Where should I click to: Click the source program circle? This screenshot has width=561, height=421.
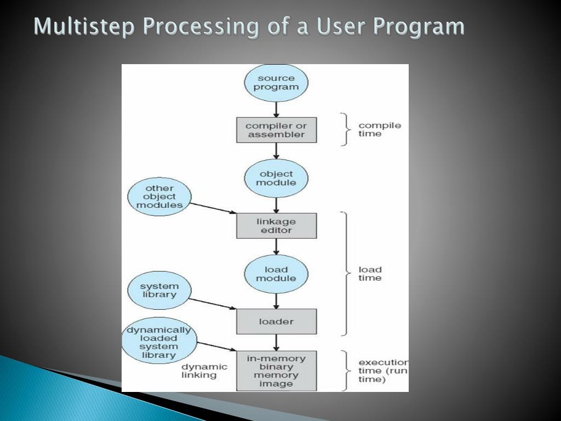pyautogui.click(x=276, y=82)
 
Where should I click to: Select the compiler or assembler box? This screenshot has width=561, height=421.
pyautogui.click(x=276, y=130)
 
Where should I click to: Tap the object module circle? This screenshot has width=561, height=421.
pyautogui.click(x=276, y=178)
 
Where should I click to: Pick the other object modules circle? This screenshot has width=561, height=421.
pyautogui.click(x=159, y=196)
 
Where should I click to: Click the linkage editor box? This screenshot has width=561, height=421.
pyautogui.click(x=276, y=226)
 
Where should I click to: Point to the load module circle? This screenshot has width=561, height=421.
pyautogui.click(x=276, y=274)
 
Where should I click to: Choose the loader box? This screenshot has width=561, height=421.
pyautogui.click(x=276, y=322)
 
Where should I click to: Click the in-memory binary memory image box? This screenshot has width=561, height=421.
pyautogui.click(x=276, y=371)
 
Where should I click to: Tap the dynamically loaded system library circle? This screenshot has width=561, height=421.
pyautogui.click(x=159, y=343)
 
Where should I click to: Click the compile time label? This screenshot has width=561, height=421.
pyautogui.click(x=379, y=129)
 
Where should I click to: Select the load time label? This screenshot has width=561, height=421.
pyautogui.click(x=370, y=274)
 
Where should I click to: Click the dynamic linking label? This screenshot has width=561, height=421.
pyautogui.click(x=204, y=371)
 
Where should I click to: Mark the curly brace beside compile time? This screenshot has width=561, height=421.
pyautogui.click(x=345, y=129)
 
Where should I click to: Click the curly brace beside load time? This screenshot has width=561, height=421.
pyautogui.click(x=345, y=273)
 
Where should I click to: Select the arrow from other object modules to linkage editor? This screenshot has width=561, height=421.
pyautogui.click(x=213, y=208)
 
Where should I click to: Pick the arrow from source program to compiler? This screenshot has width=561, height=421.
pyautogui.click(x=276, y=110)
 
